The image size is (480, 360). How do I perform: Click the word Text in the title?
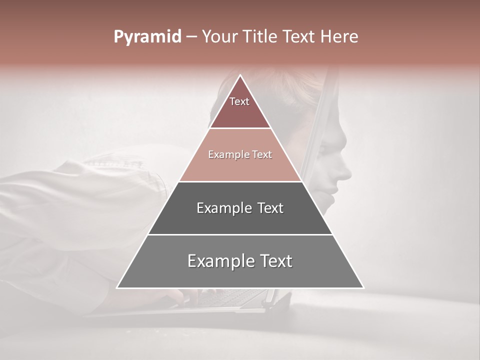point(298,37)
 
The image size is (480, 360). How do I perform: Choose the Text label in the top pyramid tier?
point(239,101)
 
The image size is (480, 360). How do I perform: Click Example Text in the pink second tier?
point(240,155)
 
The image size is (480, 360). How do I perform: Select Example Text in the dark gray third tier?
point(240,208)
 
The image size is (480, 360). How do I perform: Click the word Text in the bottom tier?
point(273,261)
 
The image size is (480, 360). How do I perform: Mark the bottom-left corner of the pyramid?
point(117,287)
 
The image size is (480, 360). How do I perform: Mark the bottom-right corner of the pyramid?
point(363,287)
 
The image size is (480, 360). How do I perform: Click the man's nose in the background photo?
point(345,173)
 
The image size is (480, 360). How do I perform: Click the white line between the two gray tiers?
point(240,234)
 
